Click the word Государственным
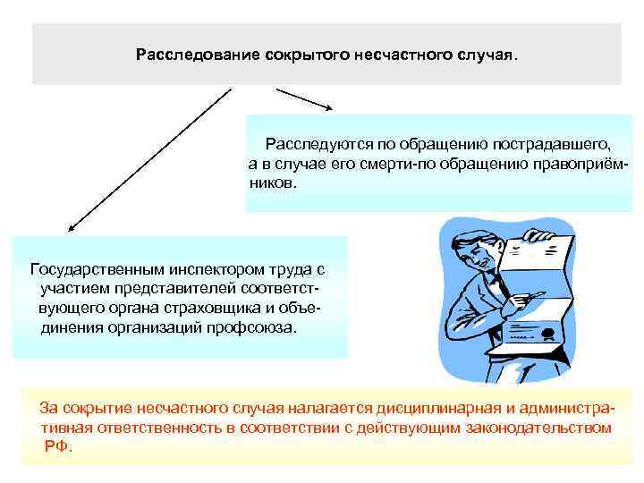point(85,268)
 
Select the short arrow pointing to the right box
point(304,99)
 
